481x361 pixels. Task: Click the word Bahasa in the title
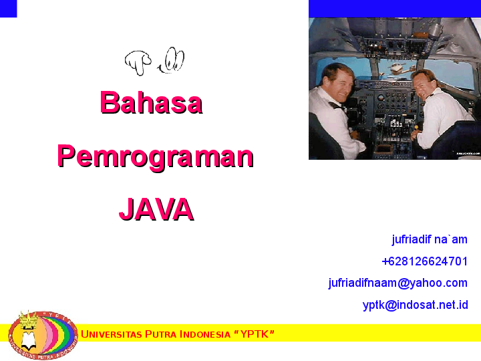(x=151, y=102)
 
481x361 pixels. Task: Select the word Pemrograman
(x=155, y=156)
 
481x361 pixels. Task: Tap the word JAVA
(x=156, y=209)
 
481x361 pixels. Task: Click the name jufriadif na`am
(x=430, y=239)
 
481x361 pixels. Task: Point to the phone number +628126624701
(x=424, y=261)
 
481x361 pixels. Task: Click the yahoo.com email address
(x=397, y=283)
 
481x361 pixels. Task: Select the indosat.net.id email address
(x=415, y=305)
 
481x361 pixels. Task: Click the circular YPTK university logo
(x=43, y=334)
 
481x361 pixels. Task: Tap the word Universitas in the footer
(x=111, y=334)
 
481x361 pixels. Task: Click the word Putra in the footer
(x=160, y=334)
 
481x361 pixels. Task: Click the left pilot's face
(x=337, y=83)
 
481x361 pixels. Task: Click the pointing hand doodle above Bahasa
(x=138, y=62)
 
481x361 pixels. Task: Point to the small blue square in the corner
(x=8, y=8)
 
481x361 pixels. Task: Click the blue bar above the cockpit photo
(x=394, y=8)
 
